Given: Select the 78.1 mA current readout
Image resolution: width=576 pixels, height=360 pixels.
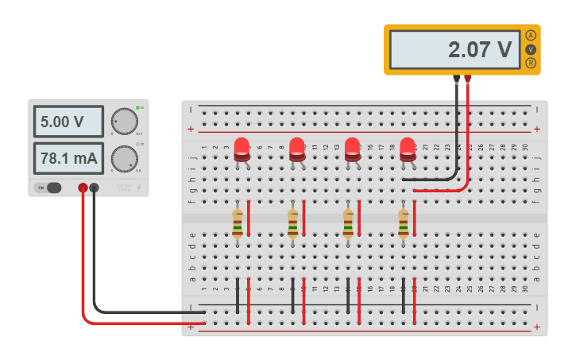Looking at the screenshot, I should (68, 158).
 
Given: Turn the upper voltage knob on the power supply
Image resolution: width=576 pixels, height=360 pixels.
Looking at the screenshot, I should (125, 122).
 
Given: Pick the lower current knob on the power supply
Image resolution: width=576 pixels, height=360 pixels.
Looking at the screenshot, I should (125, 158).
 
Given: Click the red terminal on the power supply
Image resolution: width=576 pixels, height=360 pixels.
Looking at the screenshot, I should (83, 188).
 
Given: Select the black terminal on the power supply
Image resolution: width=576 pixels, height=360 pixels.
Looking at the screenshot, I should (95, 188).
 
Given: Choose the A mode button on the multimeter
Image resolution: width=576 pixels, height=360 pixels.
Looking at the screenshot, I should (531, 35).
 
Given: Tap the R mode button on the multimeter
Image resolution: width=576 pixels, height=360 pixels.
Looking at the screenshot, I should (531, 63).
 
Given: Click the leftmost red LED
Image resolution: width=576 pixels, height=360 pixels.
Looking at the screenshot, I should (242, 149).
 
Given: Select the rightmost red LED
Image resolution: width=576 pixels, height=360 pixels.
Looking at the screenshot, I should (408, 149).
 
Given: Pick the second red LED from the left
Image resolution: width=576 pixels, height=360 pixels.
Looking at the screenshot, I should (297, 149).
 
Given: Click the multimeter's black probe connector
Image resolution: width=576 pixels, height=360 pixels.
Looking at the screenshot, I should (456, 79).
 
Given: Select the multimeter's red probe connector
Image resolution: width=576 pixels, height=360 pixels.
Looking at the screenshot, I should (467, 79).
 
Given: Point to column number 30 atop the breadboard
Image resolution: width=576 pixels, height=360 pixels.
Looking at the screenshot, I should (525, 147).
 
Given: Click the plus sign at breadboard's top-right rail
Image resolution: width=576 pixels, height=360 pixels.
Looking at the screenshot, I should (537, 129).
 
